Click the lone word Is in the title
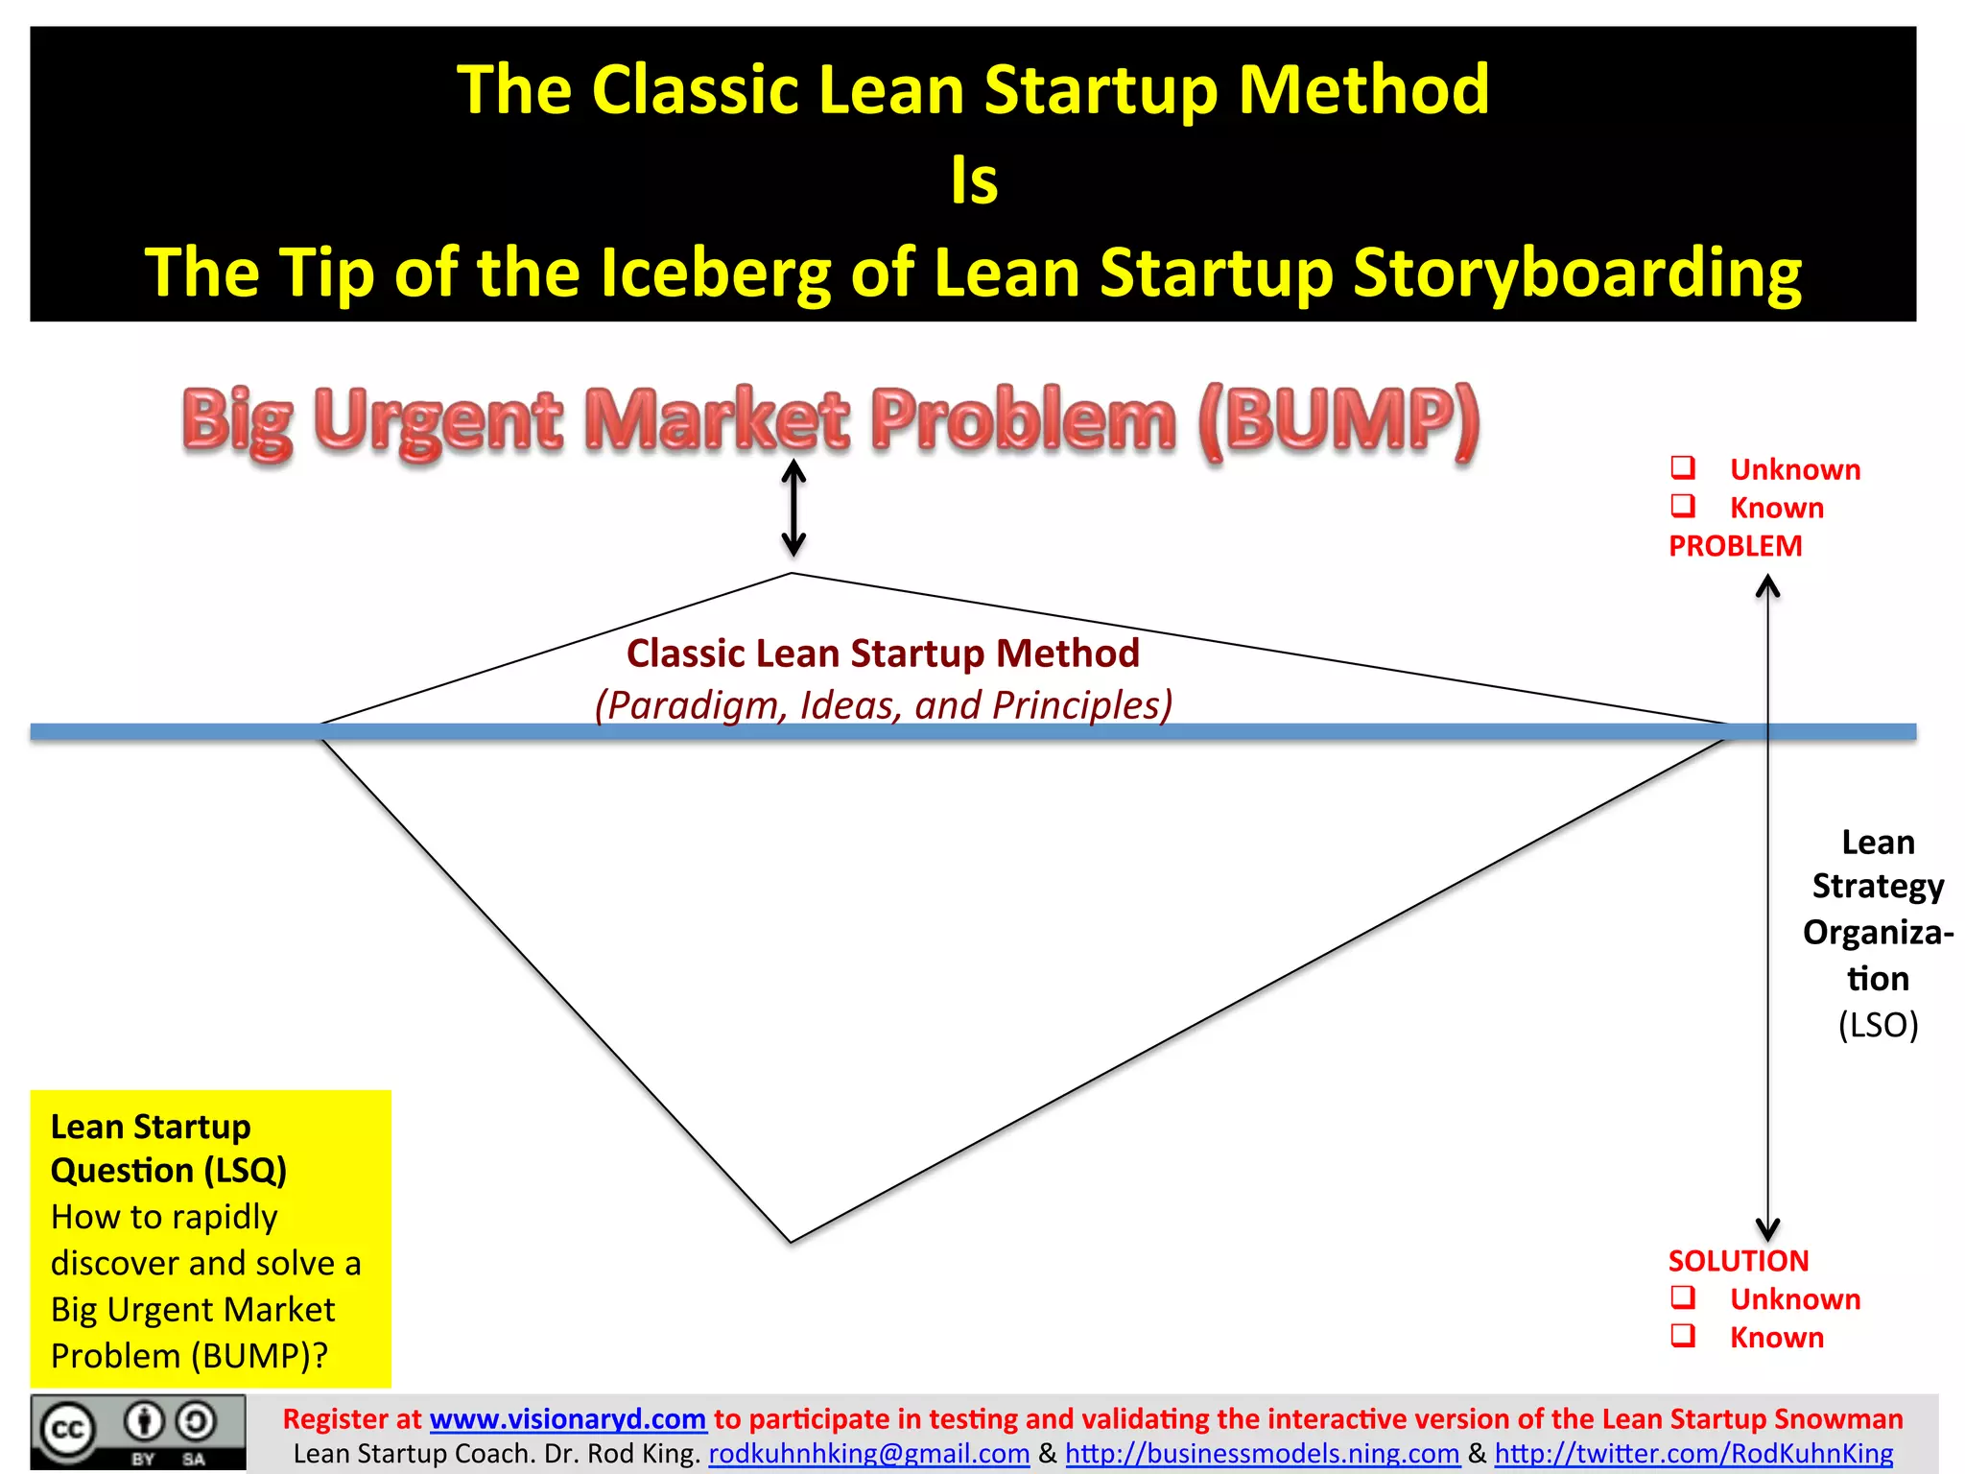[x=974, y=180]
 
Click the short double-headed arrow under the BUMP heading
[x=793, y=508]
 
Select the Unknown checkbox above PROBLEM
[x=1683, y=467]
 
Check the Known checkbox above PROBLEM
[x=1683, y=506]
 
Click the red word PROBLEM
[x=1735, y=546]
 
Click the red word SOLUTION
[x=1738, y=1261]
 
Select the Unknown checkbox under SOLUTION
[x=1683, y=1297]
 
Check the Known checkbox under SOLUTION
[x=1683, y=1336]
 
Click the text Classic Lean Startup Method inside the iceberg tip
[x=883, y=654]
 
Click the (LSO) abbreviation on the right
[x=1878, y=1025]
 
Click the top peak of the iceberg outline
[x=792, y=574]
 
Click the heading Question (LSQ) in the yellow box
[x=169, y=1171]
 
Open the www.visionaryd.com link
[x=568, y=1418]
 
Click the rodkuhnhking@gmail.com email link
[x=868, y=1454]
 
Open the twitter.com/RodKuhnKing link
[x=1693, y=1454]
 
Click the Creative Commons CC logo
[x=67, y=1431]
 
